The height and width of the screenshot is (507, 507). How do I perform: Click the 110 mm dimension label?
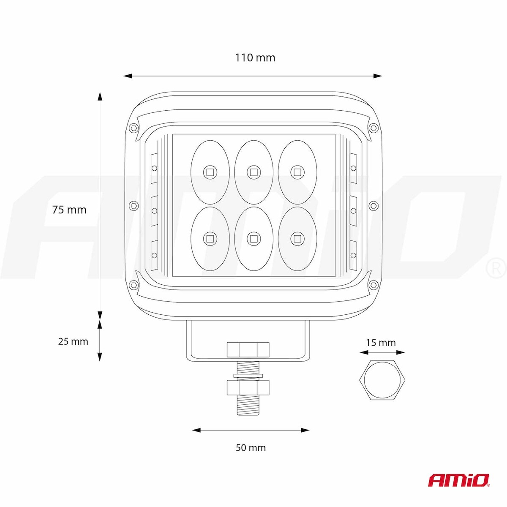[x=255, y=57]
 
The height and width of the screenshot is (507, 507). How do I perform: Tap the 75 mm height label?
[x=69, y=210]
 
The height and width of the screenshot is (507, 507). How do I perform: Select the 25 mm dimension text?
[x=73, y=341]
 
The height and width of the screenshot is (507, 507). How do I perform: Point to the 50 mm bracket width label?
[x=251, y=448]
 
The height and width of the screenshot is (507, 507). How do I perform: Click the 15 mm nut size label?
[x=381, y=343]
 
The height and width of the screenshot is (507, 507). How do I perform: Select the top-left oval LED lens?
[x=210, y=172]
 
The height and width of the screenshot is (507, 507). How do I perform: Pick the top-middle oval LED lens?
[x=253, y=172]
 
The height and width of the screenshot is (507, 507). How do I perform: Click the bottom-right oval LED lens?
[x=297, y=239]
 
